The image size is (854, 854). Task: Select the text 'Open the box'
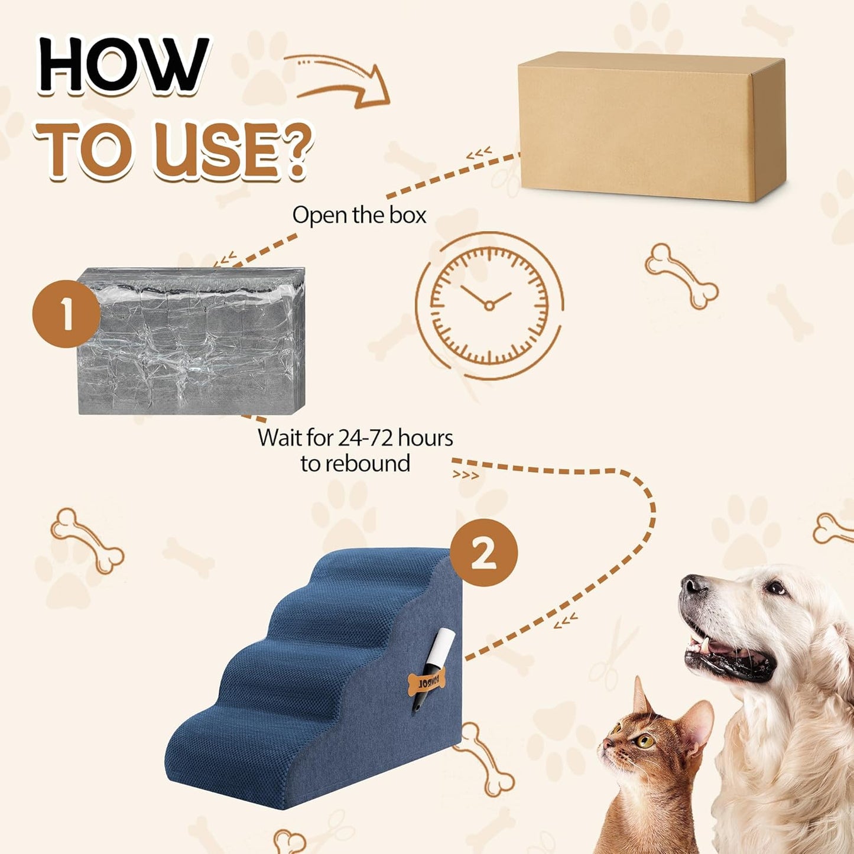[x=359, y=215]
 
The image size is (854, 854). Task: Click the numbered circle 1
[x=66, y=314]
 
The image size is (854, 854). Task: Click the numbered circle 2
[x=483, y=553]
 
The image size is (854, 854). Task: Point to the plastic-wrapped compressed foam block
[x=192, y=341]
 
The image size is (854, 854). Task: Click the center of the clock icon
[x=489, y=305]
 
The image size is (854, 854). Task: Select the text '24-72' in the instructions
[x=365, y=438]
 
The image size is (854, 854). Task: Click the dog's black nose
[x=692, y=585]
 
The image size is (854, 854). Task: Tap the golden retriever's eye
[x=775, y=588]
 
